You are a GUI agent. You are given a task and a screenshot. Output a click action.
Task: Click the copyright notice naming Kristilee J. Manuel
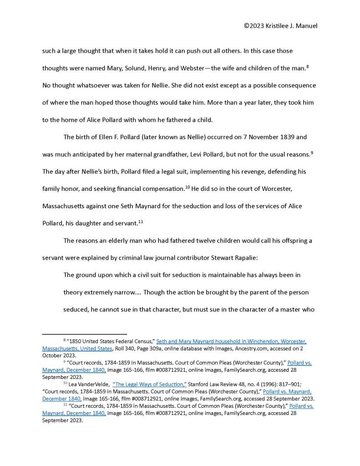tap(280, 26)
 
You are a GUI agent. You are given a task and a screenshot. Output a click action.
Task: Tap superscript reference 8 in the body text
tap(308, 66)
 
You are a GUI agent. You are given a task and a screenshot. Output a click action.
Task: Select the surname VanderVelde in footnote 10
tap(91, 384)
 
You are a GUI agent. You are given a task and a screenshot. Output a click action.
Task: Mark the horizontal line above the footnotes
tap(84, 334)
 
